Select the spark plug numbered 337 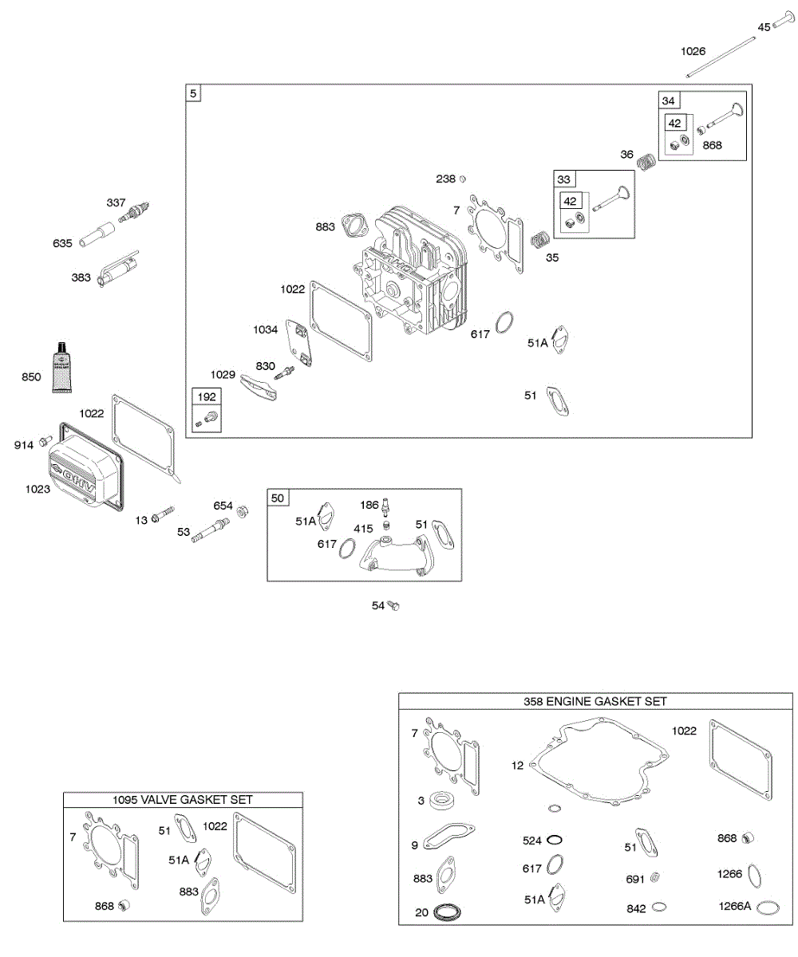135,212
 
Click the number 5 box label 192,93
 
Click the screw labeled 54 393,606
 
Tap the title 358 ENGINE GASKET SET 595,702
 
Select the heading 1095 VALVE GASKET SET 183,799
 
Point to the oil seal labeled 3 438,800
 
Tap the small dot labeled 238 463,179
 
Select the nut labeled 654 244,508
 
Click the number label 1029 223,374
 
